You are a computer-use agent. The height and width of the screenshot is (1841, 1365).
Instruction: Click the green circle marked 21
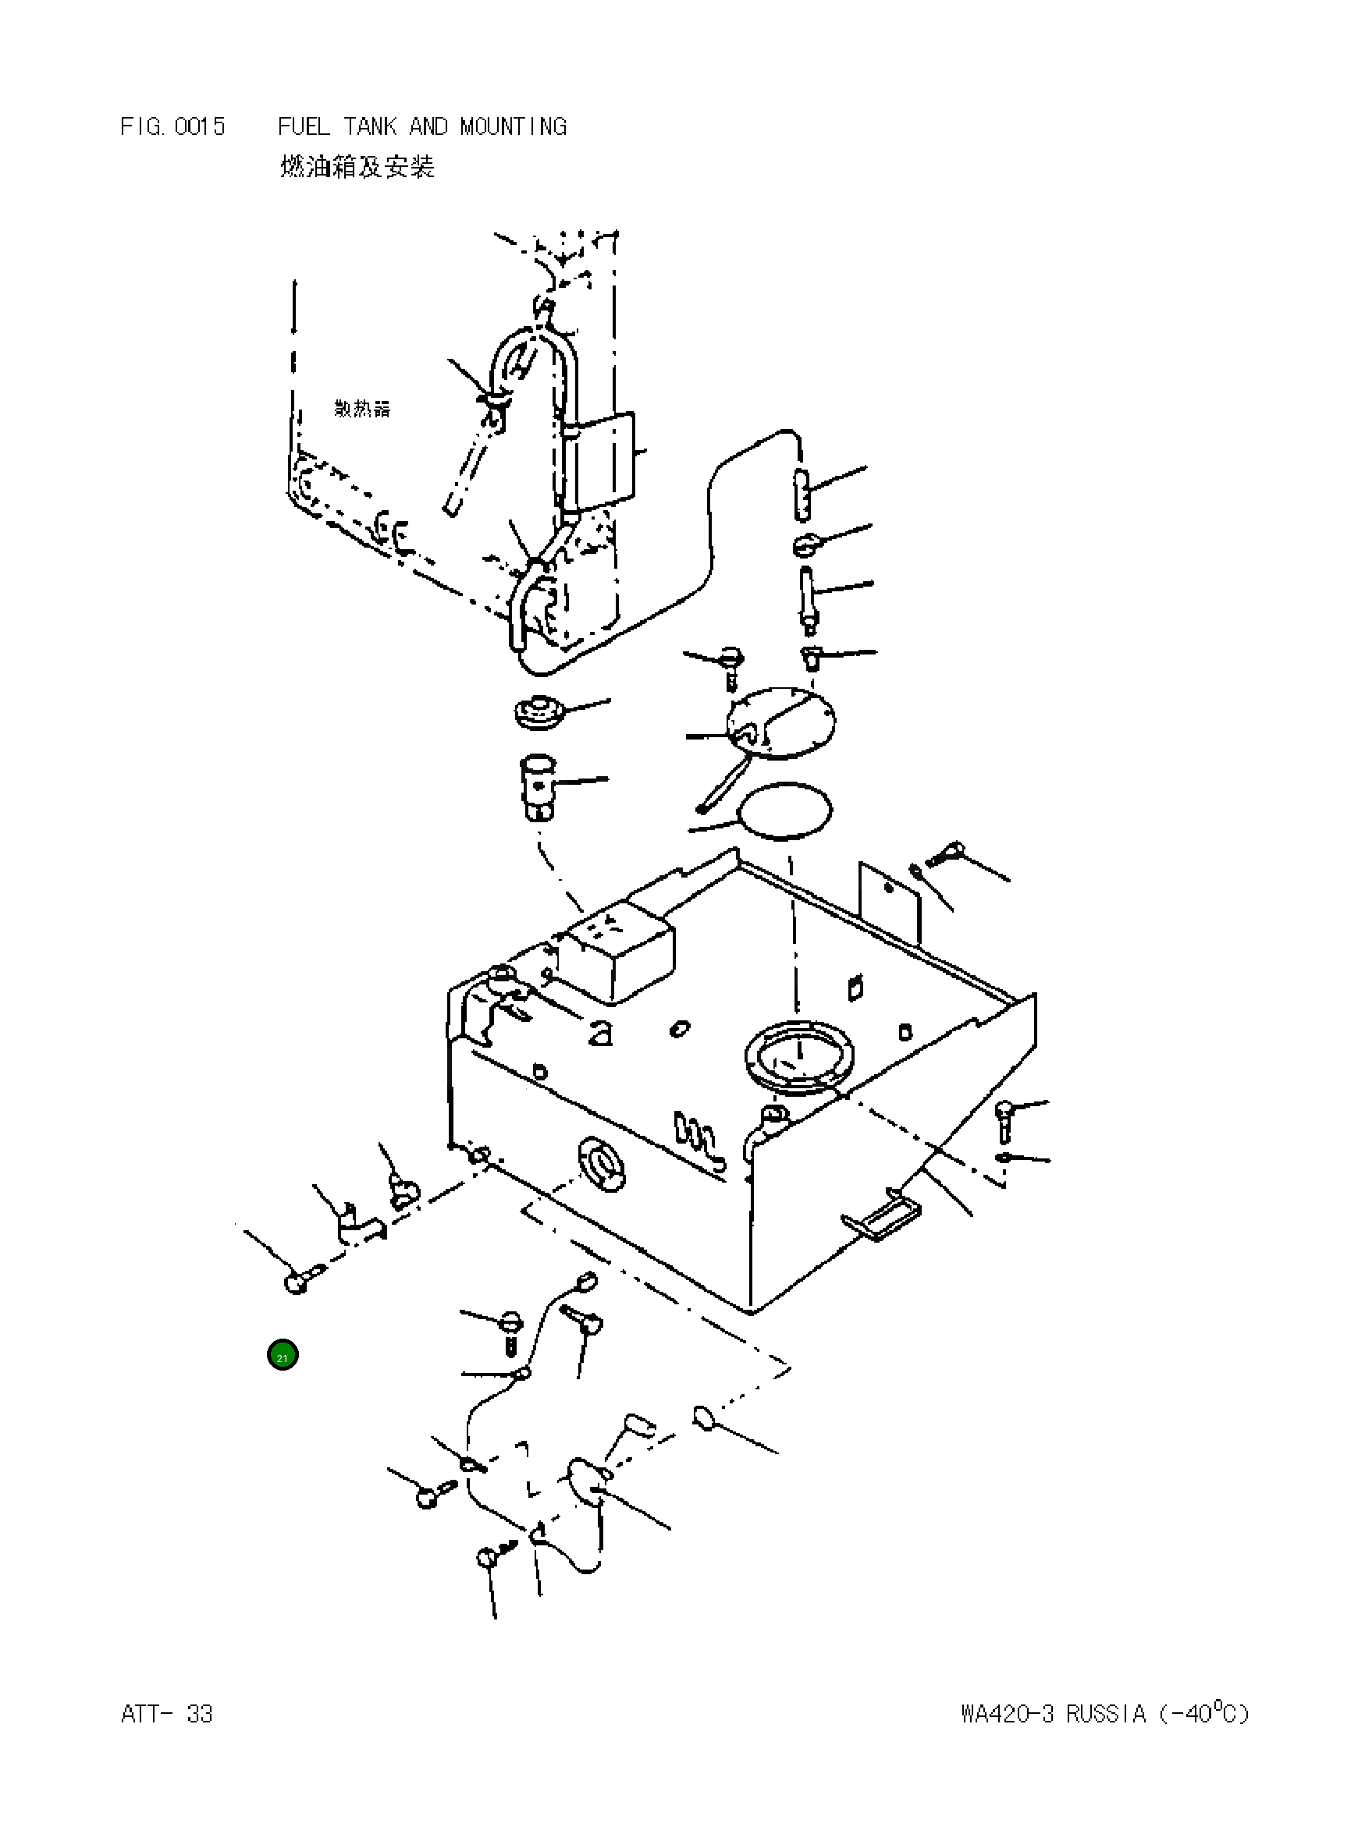pos(283,1355)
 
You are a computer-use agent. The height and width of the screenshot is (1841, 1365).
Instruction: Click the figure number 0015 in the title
pos(199,126)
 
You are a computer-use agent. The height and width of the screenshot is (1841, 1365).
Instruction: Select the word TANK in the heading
pos(369,126)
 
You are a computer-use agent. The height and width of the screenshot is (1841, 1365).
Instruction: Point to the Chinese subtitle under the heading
pos(357,167)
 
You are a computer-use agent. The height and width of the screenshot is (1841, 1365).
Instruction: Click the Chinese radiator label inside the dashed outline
pos(362,408)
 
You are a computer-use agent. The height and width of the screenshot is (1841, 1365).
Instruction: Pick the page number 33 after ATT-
pos(199,1714)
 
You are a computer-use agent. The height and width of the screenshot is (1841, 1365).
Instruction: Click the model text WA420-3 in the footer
pos(1008,1714)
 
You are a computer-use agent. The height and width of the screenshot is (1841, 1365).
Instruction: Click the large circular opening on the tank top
pos(799,1059)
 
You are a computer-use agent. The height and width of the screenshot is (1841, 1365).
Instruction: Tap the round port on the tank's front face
pos(603,1164)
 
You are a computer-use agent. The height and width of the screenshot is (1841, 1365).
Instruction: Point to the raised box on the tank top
pos(618,954)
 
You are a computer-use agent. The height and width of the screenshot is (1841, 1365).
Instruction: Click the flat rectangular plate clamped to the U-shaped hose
pos(605,463)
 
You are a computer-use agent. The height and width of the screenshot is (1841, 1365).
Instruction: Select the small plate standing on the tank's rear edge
pos(889,902)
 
